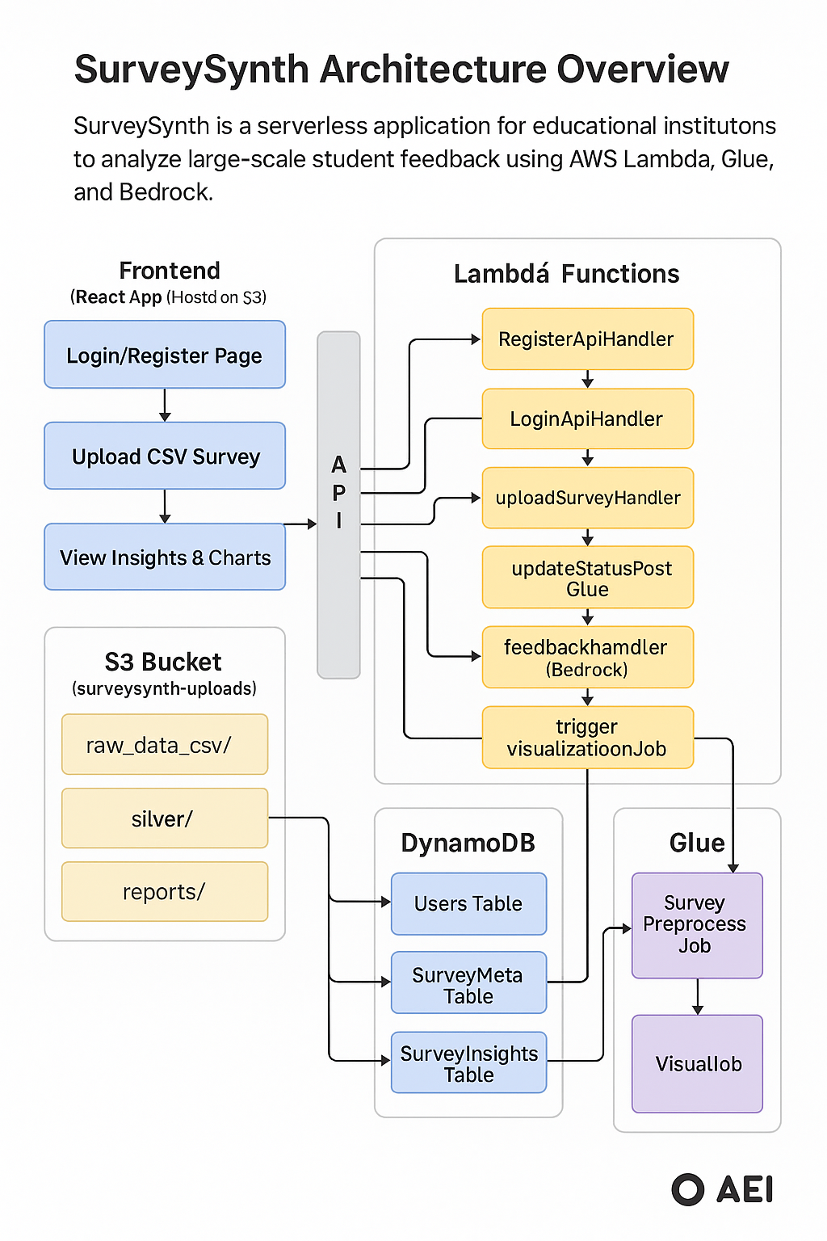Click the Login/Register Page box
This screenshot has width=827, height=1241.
(x=165, y=355)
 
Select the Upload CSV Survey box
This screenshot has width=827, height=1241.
(x=165, y=456)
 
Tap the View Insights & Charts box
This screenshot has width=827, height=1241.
(x=165, y=557)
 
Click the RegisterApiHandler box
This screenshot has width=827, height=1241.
(x=587, y=339)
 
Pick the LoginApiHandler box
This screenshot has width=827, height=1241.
(x=587, y=419)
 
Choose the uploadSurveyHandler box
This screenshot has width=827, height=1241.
(x=587, y=498)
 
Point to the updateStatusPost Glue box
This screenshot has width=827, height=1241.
(x=587, y=578)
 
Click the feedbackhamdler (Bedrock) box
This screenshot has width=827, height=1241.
(x=587, y=658)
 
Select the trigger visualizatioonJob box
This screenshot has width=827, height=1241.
(x=587, y=738)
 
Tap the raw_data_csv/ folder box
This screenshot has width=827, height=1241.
(x=165, y=744)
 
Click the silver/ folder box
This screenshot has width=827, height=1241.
(x=165, y=818)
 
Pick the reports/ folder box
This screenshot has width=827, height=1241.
(x=165, y=892)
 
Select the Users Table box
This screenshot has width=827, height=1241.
(x=468, y=903)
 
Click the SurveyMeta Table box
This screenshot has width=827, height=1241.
(x=468, y=983)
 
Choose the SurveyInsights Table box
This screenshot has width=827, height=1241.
(x=468, y=1062)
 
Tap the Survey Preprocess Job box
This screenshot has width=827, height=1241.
(x=697, y=925)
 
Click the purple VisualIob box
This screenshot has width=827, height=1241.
(x=697, y=1063)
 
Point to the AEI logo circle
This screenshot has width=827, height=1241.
(x=688, y=1189)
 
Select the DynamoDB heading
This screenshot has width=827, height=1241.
(x=468, y=843)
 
